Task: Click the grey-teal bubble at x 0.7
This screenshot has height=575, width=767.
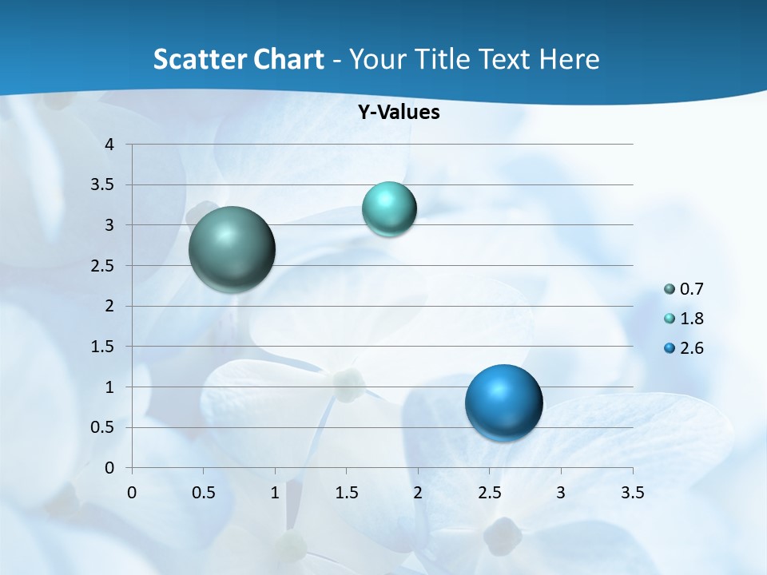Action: click(232, 249)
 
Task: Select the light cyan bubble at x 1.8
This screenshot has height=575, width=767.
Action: click(389, 209)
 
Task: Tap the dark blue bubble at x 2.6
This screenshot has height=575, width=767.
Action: click(503, 402)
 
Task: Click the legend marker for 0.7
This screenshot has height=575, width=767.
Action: click(670, 289)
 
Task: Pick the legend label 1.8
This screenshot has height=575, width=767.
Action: click(692, 319)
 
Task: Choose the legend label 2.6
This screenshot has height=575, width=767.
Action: click(692, 348)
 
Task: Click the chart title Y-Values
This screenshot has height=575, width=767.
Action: click(398, 113)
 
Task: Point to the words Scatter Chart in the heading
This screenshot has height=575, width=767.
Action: click(238, 59)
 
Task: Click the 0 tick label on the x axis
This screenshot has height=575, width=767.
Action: click(132, 493)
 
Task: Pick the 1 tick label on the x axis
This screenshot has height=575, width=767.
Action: click(275, 493)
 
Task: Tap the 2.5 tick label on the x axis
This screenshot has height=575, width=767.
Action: click(489, 493)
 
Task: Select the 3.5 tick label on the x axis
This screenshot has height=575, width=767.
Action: click(632, 493)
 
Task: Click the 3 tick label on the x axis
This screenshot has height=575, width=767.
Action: click(561, 493)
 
